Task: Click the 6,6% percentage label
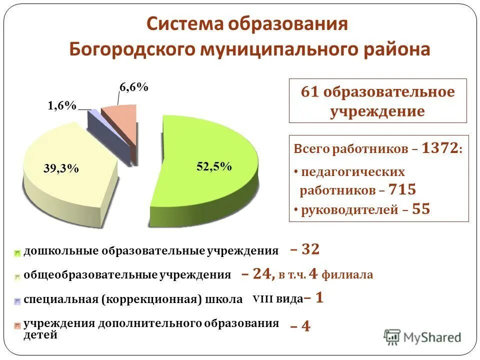[133, 87]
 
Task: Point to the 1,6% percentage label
[62, 105]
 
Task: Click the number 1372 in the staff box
[439, 148]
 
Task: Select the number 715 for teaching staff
[402, 190]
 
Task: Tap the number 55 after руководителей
[421, 209]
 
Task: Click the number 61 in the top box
[310, 92]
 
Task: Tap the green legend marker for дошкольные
[17, 253]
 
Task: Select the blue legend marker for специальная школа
[17, 301]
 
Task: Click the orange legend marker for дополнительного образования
[17, 326]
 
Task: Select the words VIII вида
[277, 299]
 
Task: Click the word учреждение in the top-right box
[377, 111]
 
